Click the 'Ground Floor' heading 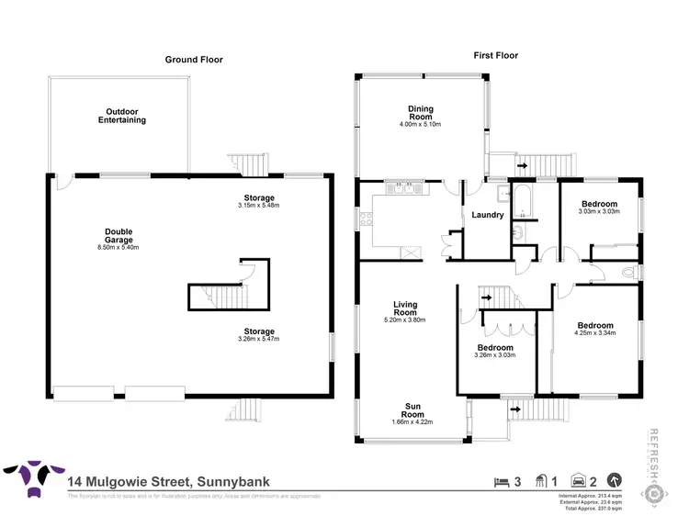point(194,60)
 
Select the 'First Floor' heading point(495,55)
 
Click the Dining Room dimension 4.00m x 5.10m point(420,124)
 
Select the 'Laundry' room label point(487,215)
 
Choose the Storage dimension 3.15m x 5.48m point(259,206)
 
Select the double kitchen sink point(403,188)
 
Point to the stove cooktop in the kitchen point(367,219)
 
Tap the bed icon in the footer point(500,480)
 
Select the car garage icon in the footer point(580,480)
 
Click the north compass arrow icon point(615,479)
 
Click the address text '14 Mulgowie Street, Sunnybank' point(168,480)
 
